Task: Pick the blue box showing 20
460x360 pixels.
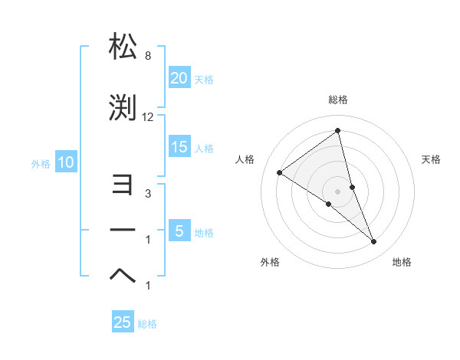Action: pos(179,78)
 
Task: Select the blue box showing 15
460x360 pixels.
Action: pos(179,147)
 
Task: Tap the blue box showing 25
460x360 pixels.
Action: pos(122,322)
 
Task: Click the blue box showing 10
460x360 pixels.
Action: pos(65,162)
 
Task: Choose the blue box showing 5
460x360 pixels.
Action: pos(179,231)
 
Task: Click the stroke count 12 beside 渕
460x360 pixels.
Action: pos(148,117)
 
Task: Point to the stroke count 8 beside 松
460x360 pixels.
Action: pos(147,56)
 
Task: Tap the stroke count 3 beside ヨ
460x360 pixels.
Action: pos(147,194)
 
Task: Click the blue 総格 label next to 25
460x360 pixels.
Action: pos(147,324)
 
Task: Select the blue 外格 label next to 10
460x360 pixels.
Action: pos(41,163)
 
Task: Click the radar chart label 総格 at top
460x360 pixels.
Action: pos(337,100)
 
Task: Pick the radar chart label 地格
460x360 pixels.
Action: pos(402,262)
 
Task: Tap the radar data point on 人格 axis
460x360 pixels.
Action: pos(279,172)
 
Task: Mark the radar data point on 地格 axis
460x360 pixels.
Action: pos(374,242)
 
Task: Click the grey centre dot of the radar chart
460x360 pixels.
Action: pos(337,191)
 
